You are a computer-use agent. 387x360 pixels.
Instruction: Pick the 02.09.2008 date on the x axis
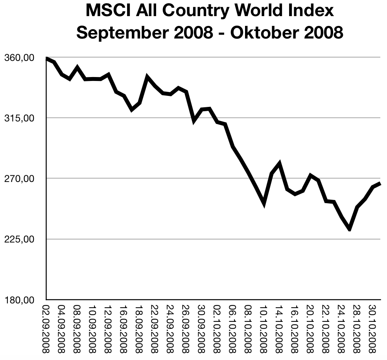pos(46,329)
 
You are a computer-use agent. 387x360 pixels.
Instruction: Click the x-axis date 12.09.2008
pos(108,329)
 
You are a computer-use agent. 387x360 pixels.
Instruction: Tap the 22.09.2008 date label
pos(154,329)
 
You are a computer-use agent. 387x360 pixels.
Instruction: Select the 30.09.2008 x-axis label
pos(201,329)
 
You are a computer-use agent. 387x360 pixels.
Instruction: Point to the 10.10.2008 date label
pos(263,329)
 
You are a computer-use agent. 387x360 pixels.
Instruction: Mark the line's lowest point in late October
pos(349,229)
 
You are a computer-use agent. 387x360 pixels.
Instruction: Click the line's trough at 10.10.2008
pos(264,203)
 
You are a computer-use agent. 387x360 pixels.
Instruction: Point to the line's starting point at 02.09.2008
pos(47,59)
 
